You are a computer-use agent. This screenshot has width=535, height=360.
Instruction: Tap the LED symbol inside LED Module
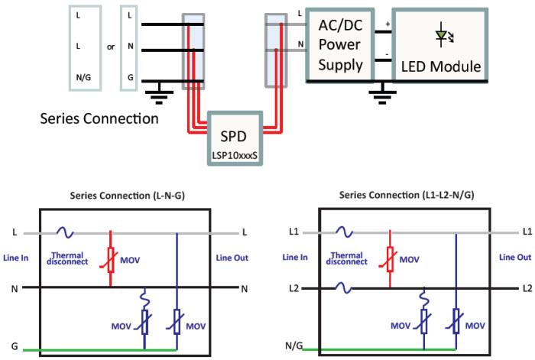pyautogui.click(x=442, y=35)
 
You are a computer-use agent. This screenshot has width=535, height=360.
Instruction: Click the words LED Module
pyautogui.click(x=442, y=67)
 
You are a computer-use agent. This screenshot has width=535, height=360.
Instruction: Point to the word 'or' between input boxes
pyautogui.click(x=110, y=47)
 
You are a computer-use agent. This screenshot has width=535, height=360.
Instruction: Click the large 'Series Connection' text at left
pyautogui.click(x=99, y=119)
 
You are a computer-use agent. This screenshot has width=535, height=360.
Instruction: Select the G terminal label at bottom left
pyautogui.click(x=15, y=345)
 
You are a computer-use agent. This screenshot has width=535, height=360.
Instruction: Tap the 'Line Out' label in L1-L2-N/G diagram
pyautogui.click(x=515, y=258)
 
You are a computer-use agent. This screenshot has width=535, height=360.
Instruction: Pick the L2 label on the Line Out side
pyautogui.click(x=527, y=288)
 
